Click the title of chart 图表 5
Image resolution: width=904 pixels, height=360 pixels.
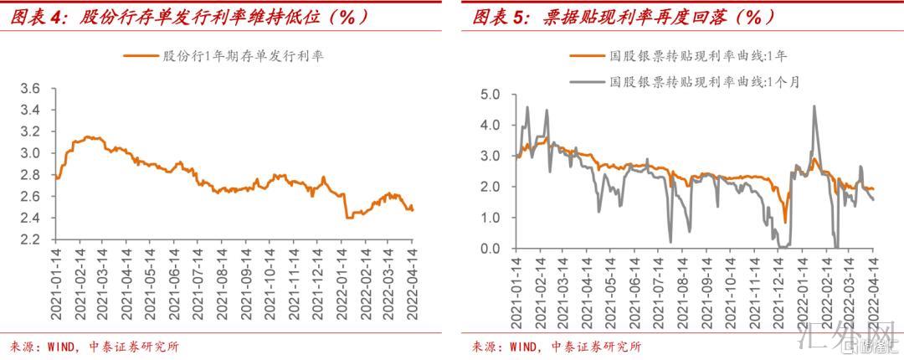coord(624,16)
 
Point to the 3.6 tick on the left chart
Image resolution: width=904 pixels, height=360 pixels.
coord(30,89)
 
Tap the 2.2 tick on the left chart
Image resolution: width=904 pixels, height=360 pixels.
coord(30,240)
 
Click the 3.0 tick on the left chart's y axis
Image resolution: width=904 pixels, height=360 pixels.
coord(30,153)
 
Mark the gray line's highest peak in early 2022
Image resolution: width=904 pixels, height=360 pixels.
coord(814,105)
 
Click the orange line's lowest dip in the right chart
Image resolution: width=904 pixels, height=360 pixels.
coord(785,222)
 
